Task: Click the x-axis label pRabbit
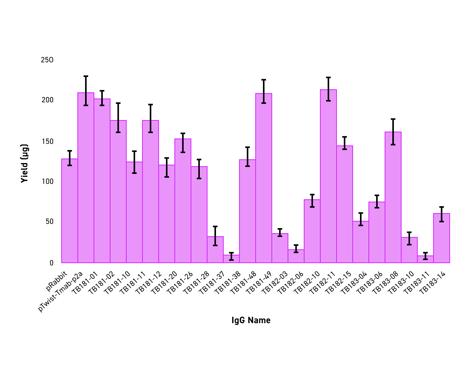click(x=57, y=280)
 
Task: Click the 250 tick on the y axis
click(x=47, y=60)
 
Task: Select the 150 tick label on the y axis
click(x=47, y=141)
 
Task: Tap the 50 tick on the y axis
click(x=49, y=222)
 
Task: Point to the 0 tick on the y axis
click(x=51, y=263)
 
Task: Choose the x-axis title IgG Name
click(x=251, y=320)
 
